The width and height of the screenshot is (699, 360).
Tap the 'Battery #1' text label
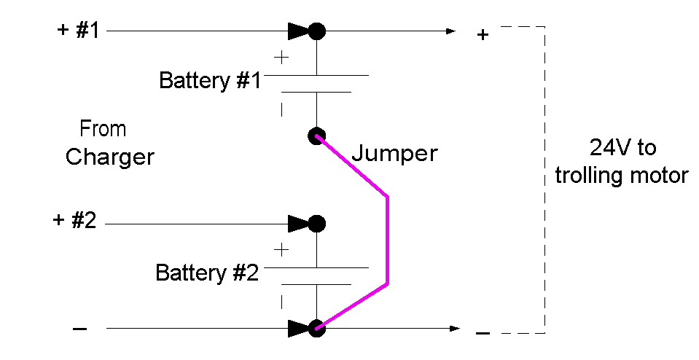pyautogui.click(x=209, y=80)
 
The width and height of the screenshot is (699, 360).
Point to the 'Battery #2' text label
pyautogui.click(x=207, y=273)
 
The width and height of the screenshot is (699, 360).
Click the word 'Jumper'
pyautogui.click(x=394, y=154)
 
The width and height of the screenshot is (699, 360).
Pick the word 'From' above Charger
pyautogui.click(x=103, y=130)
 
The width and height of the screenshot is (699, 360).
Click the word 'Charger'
pyautogui.click(x=110, y=157)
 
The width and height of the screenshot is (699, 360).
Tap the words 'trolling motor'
pyautogui.click(x=622, y=176)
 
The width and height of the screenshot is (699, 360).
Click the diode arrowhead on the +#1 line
pyautogui.click(x=299, y=31)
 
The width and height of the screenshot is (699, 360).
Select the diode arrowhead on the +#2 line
pyautogui.click(x=299, y=222)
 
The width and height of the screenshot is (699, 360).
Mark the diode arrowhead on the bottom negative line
pyautogui.click(x=299, y=329)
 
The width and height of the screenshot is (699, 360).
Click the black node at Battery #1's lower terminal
pyautogui.click(x=316, y=136)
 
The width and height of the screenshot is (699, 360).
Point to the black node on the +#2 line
pyautogui.click(x=316, y=222)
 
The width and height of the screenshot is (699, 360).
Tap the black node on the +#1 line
pyautogui.click(x=316, y=31)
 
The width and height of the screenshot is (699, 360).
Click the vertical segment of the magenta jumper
pyautogui.click(x=388, y=240)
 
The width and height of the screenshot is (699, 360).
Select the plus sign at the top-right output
pyautogui.click(x=482, y=34)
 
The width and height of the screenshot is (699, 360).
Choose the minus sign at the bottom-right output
pyautogui.click(x=482, y=333)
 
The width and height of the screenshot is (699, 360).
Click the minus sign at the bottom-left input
pyautogui.click(x=80, y=329)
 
